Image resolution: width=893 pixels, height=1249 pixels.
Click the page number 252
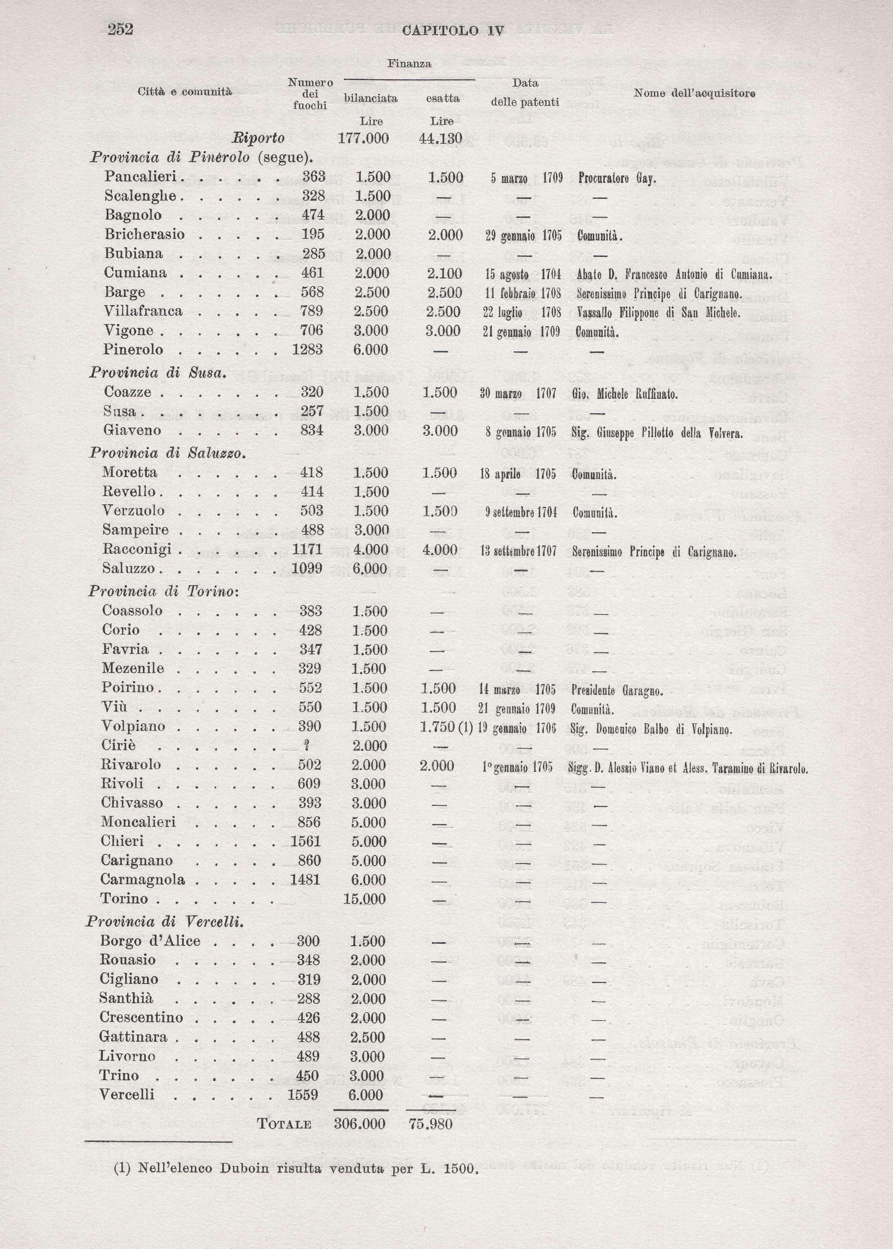(x=121, y=29)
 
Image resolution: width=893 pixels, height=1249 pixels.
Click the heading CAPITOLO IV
(x=453, y=31)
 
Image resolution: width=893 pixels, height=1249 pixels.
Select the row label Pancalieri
(x=140, y=176)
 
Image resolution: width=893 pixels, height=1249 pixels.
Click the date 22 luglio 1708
(x=521, y=312)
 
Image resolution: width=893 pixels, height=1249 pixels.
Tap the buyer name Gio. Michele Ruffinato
(x=624, y=394)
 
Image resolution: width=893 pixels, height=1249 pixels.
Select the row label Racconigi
(x=137, y=549)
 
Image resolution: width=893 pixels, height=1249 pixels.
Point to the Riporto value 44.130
(x=440, y=138)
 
